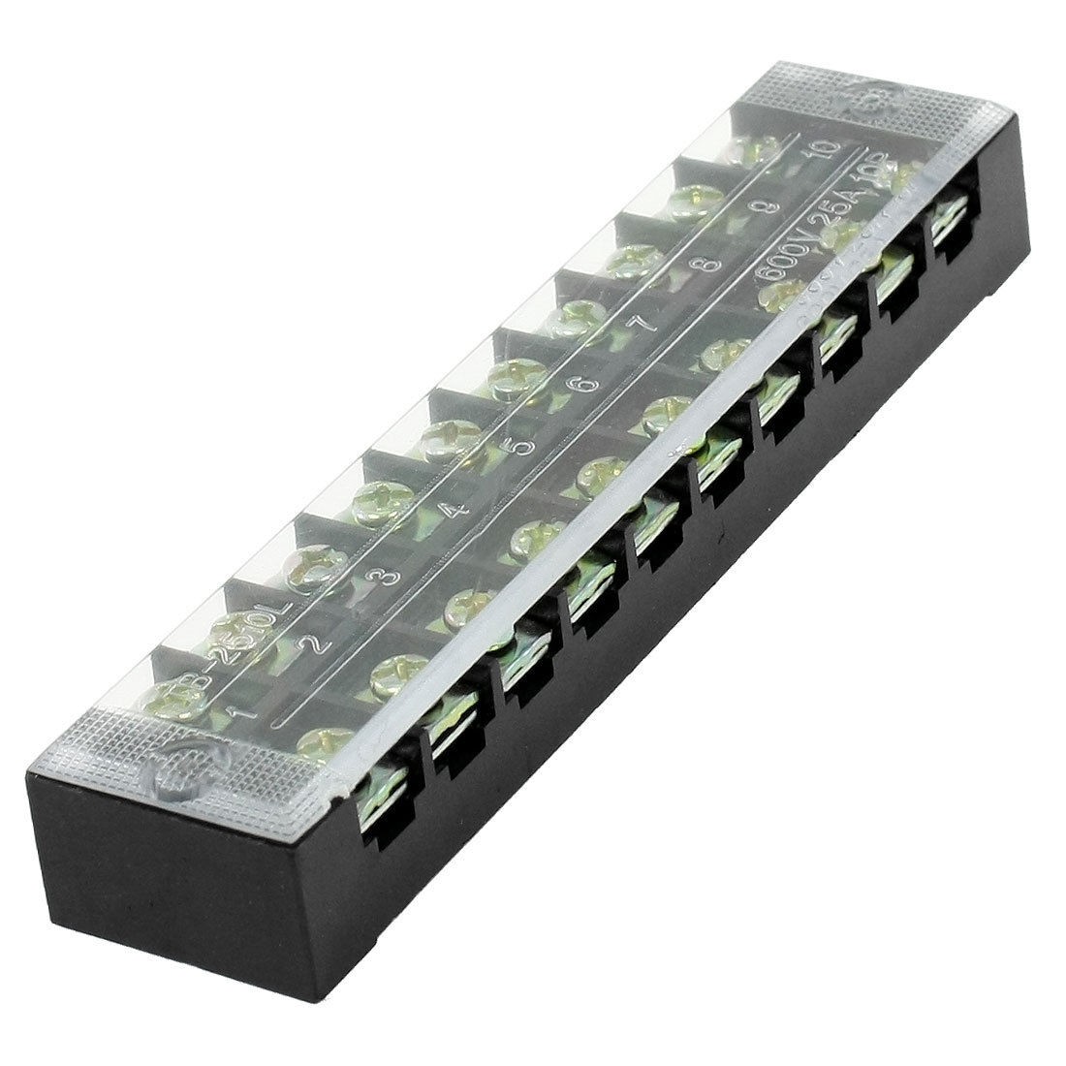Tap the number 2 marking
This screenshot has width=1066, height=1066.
coord(317,642)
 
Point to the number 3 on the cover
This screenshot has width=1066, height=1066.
coord(386,576)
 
